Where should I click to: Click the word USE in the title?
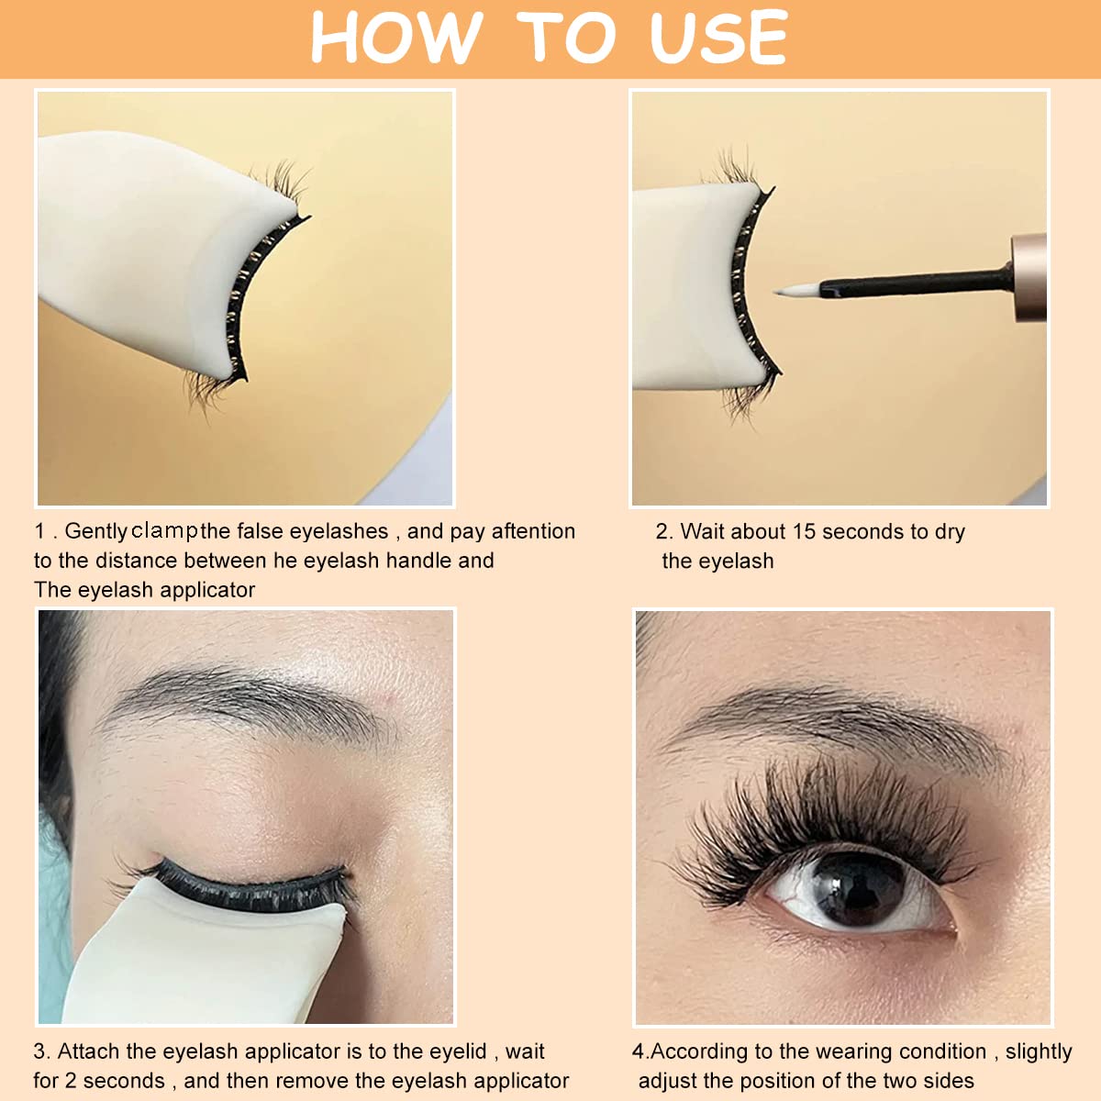[x=718, y=39]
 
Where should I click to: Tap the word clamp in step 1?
[x=165, y=530]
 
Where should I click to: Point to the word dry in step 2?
[x=950, y=533]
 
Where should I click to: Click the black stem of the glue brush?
[x=908, y=282]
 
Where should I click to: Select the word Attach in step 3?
[x=89, y=1051]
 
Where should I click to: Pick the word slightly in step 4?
[x=1039, y=1051]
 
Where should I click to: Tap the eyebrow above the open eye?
[x=826, y=725]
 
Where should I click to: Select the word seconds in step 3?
[x=124, y=1081]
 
